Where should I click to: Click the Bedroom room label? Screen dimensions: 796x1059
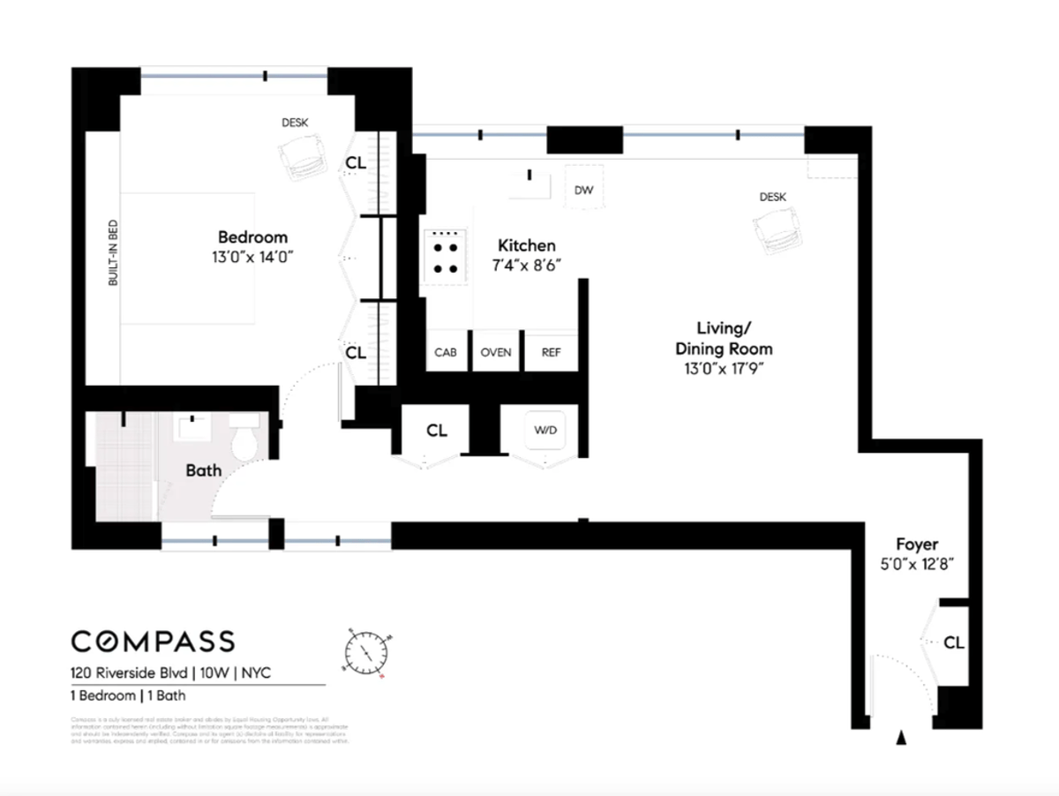(x=252, y=237)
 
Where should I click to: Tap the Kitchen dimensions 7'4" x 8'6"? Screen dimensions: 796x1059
(x=527, y=264)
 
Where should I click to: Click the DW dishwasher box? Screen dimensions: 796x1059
(x=583, y=191)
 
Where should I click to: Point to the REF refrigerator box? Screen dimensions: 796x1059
(x=551, y=352)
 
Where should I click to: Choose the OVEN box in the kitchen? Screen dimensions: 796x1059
(x=496, y=352)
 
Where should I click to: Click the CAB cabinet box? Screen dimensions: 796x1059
(x=446, y=352)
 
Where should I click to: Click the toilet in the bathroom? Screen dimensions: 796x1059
(x=245, y=437)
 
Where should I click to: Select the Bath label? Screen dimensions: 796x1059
(x=203, y=470)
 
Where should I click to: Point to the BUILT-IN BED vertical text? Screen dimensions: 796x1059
(x=113, y=252)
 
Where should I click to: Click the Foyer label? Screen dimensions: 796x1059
(x=917, y=544)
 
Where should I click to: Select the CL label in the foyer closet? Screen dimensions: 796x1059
(x=954, y=642)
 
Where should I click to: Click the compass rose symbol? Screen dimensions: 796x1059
(x=365, y=654)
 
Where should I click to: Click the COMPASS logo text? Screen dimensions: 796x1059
(x=153, y=641)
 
